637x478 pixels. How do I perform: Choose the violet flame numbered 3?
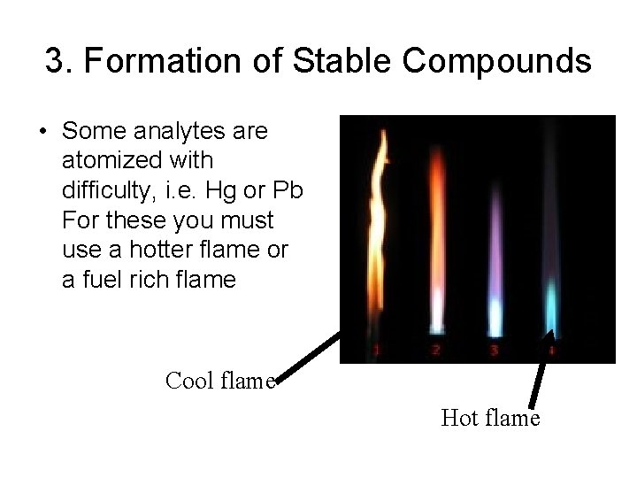(x=494, y=266)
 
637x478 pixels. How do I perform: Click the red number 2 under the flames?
(x=435, y=350)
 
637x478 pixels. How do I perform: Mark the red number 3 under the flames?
(x=494, y=351)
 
